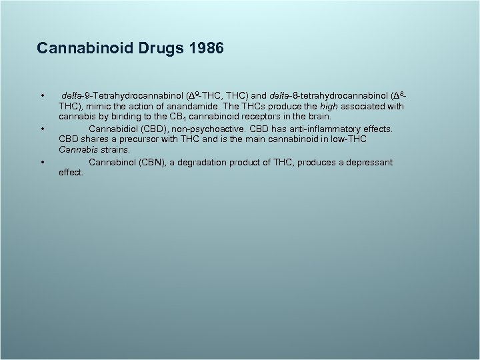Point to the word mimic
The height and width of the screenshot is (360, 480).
tap(99, 107)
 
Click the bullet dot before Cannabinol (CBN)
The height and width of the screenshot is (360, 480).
tap(42, 162)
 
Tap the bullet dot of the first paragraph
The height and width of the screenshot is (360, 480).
tap(42, 96)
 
